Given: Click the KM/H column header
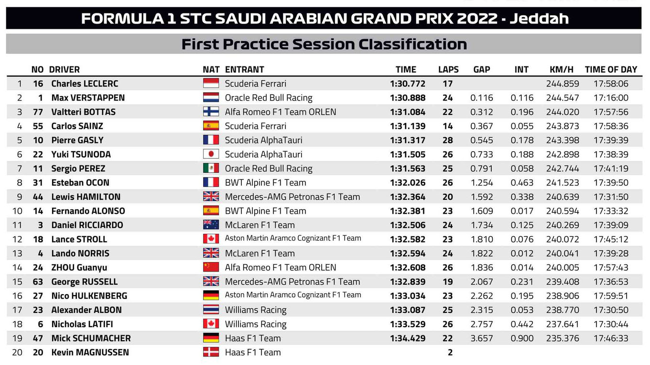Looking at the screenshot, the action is (562, 70).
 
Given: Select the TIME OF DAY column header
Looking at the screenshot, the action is (611, 70).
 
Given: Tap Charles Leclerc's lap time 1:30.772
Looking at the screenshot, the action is (408, 84).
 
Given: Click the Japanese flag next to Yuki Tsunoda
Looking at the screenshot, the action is (211, 154).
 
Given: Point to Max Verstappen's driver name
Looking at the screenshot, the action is (88, 98).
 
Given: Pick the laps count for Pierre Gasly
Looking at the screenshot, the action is (448, 140).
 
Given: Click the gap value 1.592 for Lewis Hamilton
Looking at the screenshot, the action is (482, 197).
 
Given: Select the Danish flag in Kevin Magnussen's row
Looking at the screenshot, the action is (211, 352).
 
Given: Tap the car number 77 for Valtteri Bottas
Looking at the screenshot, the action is (38, 112).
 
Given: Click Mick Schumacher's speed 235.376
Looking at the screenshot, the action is (563, 338).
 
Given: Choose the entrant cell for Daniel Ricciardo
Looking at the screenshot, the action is (260, 225).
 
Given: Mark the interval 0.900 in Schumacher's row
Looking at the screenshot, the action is (522, 338).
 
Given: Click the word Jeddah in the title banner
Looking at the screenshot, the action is (539, 19).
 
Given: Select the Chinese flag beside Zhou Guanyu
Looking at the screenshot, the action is (211, 267).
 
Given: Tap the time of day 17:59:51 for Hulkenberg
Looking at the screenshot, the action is (611, 296).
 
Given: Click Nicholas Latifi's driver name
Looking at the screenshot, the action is (82, 324).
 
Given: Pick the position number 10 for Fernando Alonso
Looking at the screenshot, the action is (17, 211).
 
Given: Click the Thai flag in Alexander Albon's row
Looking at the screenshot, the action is (211, 310).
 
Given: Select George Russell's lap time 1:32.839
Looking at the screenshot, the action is (408, 282).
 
